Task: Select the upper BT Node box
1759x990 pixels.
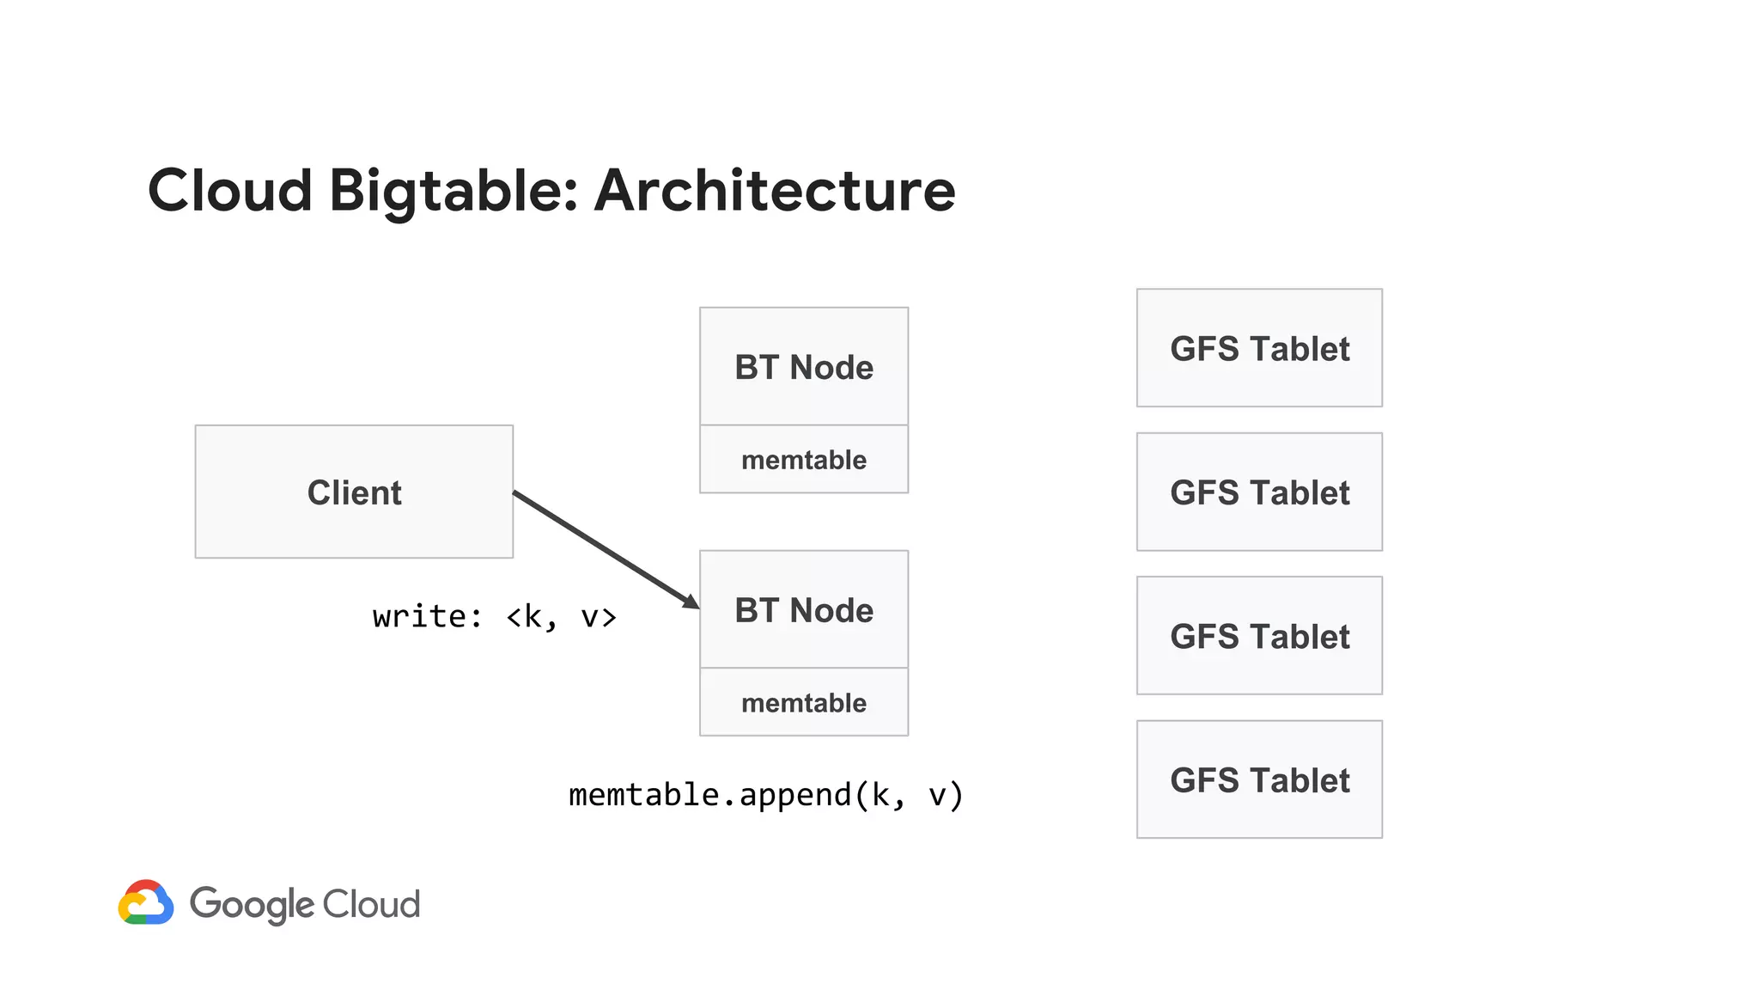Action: tap(803, 367)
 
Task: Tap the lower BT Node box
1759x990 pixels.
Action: tap(803, 610)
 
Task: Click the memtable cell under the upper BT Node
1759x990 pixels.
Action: tap(803, 460)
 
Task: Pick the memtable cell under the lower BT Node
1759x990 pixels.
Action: tap(803, 703)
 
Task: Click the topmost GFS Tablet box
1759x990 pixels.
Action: tap(1259, 348)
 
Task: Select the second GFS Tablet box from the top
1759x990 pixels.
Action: tap(1259, 492)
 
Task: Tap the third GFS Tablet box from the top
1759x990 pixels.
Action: tap(1259, 636)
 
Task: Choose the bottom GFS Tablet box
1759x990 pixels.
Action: tap(1259, 779)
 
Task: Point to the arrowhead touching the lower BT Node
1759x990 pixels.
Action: tap(692, 602)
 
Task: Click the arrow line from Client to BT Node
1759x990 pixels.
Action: tap(601, 547)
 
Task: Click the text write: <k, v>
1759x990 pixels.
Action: tap(495, 617)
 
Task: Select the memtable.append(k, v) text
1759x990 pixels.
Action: tap(766, 795)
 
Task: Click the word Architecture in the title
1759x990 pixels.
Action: tap(775, 191)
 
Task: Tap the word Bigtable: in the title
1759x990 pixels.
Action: tap(453, 191)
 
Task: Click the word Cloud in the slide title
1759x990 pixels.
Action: tap(230, 191)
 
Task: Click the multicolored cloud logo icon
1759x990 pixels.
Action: tap(146, 903)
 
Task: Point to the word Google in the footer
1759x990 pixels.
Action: tap(253, 905)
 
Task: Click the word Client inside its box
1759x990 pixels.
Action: tap(354, 493)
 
